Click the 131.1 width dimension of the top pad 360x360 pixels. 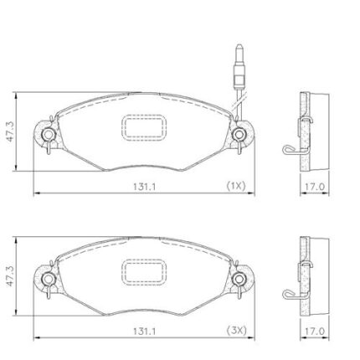point(144,187)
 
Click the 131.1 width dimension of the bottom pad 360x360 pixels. point(144,332)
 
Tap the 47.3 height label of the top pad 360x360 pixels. point(11,131)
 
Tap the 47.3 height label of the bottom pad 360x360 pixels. point(11,276)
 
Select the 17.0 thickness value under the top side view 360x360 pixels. point(315,187)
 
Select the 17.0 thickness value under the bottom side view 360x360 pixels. point(315,332)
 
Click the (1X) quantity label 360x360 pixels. point(236,186)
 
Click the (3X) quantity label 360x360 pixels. point(236,331)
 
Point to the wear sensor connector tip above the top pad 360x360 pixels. point(239,46)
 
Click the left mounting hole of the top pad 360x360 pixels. point(49,135)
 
